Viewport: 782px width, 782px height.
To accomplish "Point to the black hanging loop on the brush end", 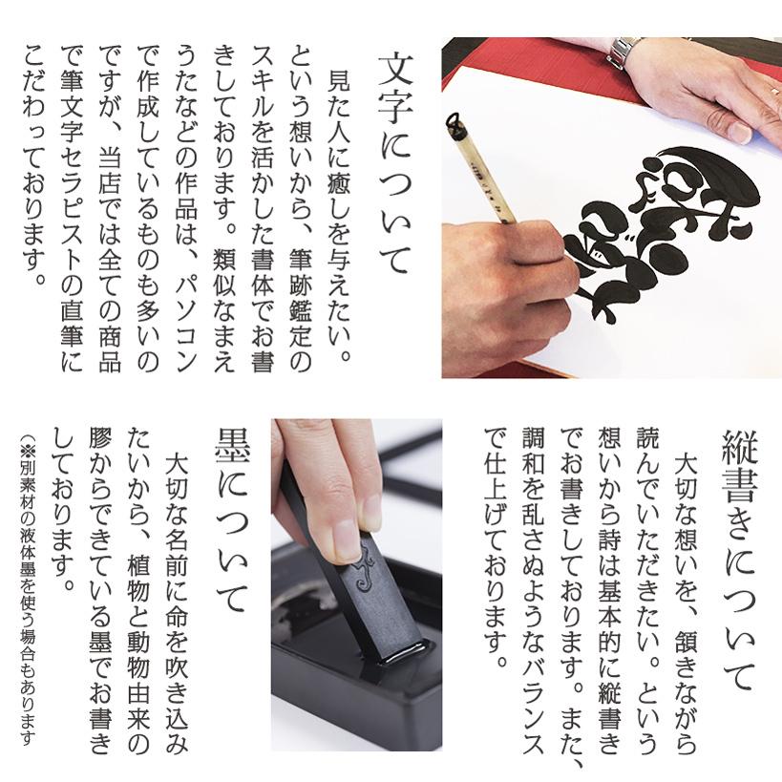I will tap(454, 119).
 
